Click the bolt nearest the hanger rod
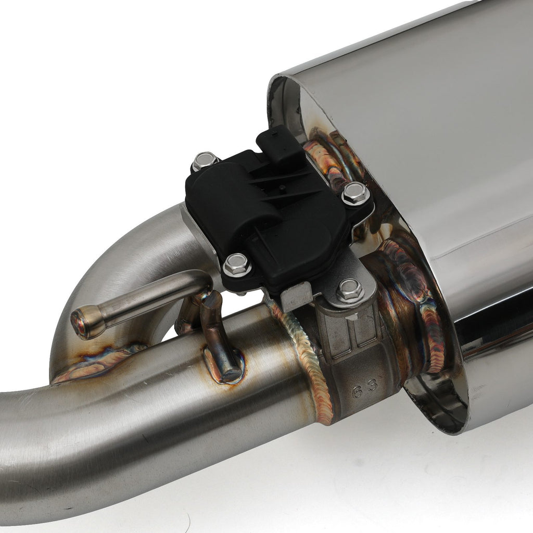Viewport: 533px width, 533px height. click(237, 264)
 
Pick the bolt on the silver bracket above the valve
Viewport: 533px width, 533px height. click(350, 290)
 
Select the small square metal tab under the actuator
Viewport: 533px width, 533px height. click(296, 296)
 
